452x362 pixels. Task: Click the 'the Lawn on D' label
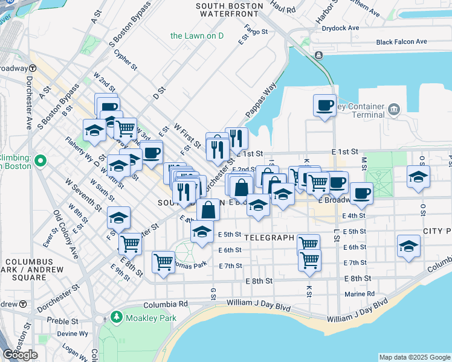197,36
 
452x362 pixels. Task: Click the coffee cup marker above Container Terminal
324,106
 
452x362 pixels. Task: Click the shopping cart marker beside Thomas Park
163,262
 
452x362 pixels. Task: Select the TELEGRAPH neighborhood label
270,238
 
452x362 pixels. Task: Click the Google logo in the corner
20,355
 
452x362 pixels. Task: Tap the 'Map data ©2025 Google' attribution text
414,357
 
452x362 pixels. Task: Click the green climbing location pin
40,161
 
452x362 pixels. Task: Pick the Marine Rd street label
360,294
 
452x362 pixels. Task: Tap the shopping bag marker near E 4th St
208,211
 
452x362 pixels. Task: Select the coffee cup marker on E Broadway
361,193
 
